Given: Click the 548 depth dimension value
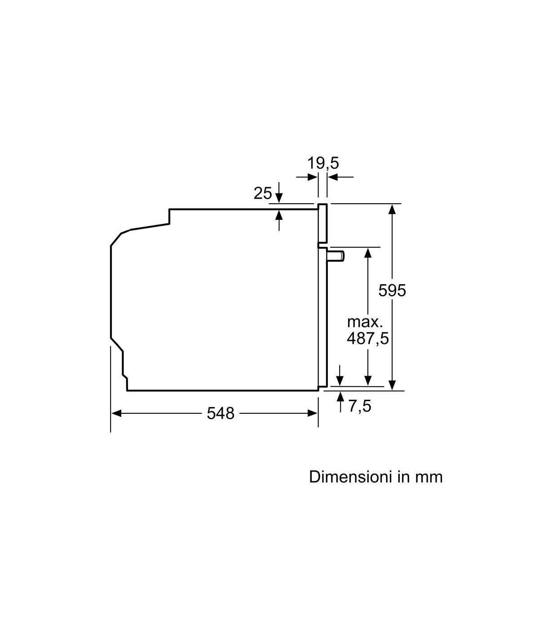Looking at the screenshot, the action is [x=221, y=413].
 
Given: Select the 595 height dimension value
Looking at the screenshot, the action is [x=392, y=291].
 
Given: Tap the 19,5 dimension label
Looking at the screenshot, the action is [x=323, y=163].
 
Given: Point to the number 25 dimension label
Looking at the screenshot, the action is [x=263, y=193].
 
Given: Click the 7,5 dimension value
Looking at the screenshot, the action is [x=360, y=406].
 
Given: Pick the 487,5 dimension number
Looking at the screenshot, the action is [x=368, y=338].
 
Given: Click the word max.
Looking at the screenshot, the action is [x=365, y=322].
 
